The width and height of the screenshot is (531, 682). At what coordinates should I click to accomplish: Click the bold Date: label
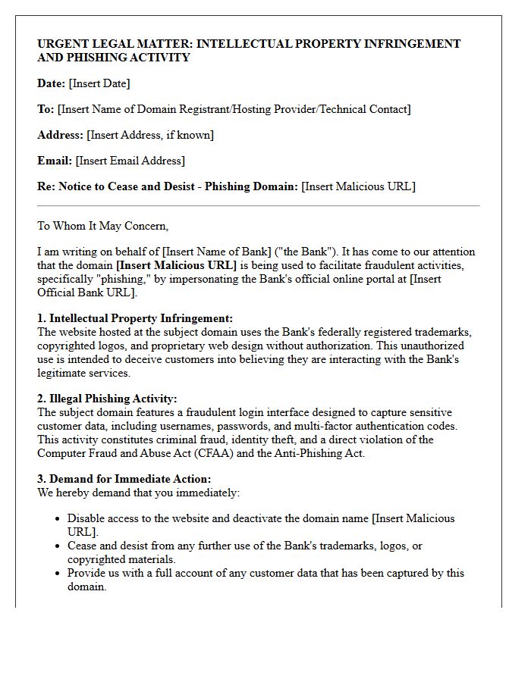[52, 83]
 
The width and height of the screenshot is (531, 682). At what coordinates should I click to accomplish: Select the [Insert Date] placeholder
[99, 83]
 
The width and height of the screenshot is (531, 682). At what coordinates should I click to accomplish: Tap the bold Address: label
[60, 135]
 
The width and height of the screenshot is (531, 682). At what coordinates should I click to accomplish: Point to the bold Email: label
[55, 161]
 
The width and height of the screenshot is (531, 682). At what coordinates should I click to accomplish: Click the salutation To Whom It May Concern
[102, 226]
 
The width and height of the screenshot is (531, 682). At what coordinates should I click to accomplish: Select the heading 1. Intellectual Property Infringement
[135, 318]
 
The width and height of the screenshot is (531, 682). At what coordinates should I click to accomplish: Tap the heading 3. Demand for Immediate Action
[124, 479]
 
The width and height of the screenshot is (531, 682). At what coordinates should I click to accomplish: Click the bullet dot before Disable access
[58, 519]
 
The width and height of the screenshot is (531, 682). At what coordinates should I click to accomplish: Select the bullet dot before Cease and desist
[58, 546]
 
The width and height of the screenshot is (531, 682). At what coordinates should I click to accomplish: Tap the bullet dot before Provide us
[58, 574]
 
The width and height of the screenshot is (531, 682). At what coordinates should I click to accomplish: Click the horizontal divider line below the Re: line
[258, 205]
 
